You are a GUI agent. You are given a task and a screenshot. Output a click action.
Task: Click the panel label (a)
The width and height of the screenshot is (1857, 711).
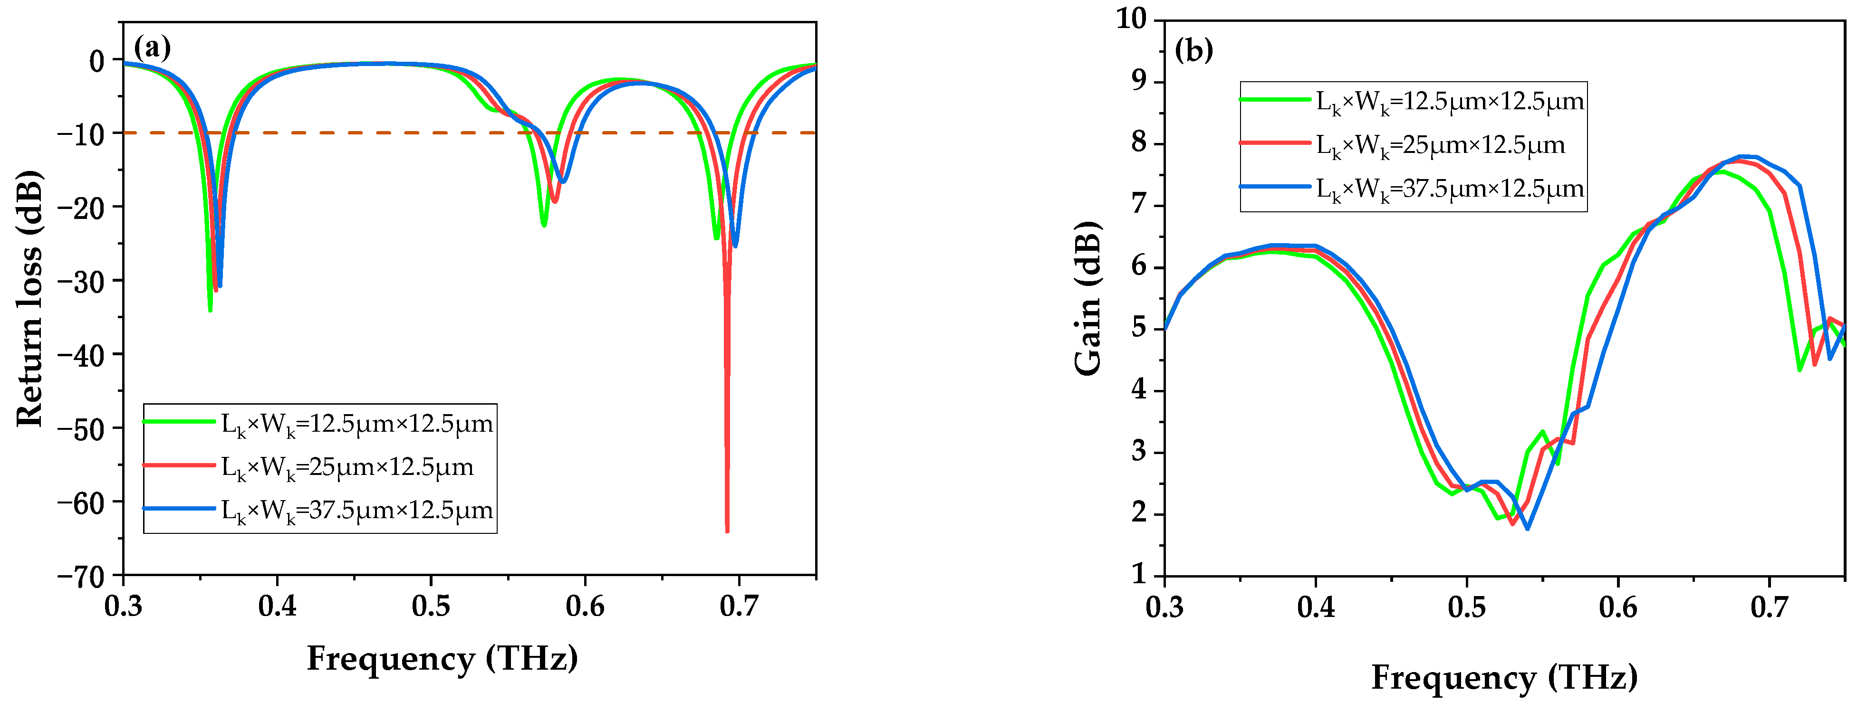(x=152, y=48)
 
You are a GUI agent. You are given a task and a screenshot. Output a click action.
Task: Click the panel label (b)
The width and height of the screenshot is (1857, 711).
(x=1194, y=50)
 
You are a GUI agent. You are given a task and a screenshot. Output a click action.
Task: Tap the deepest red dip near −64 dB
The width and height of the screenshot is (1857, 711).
(x=727, y=530)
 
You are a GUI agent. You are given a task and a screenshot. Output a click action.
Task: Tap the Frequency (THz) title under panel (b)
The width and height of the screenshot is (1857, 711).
(x=1504, y=677)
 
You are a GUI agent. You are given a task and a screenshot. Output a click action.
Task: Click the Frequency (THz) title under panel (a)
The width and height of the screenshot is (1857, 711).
(x=442, y=658)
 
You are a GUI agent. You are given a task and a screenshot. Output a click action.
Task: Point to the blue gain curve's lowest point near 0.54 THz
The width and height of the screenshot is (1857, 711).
(x=1527, y=528)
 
